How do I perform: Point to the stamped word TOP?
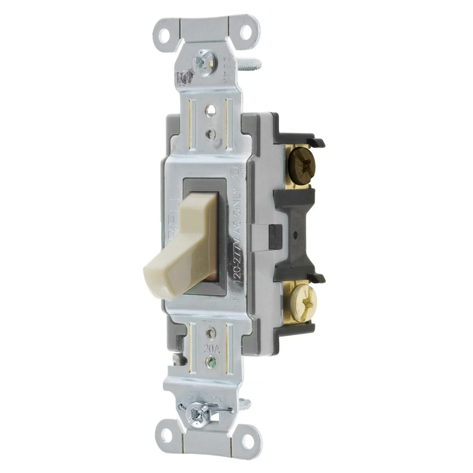(185, 76)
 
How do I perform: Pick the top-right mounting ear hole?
(246, 32)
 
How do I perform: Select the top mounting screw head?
(204, 60)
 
